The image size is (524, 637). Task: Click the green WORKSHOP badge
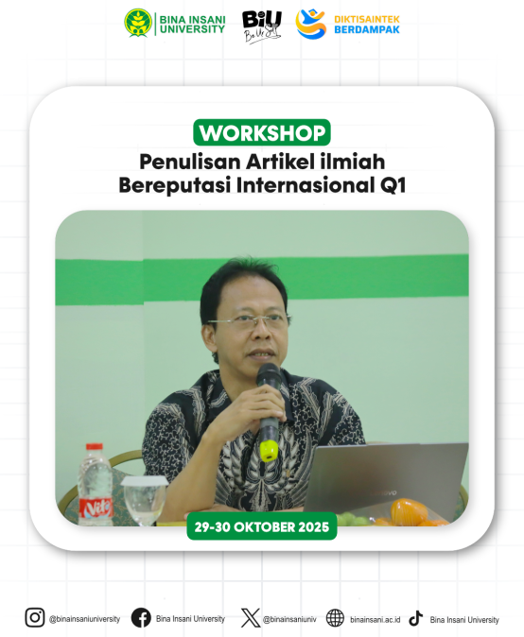pos(262,132)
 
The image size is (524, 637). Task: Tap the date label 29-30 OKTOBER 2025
pos(262,527)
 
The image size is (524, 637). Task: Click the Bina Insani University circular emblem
pos(138,24)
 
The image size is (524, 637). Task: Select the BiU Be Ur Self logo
pos(262,26)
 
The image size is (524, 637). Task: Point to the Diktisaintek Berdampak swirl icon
pos(311,24)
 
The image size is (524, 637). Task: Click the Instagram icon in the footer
pos(35,618)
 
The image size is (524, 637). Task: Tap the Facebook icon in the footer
pos(141,618)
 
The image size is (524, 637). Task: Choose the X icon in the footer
pos(251,618)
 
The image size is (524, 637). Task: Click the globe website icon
pos(335,618)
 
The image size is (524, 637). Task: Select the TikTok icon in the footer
pos(416,618)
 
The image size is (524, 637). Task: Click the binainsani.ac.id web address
pos(375,620)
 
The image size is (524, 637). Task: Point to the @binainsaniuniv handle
pos(289,620)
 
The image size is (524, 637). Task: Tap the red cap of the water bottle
pos(95,446)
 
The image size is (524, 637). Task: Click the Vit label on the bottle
pos(96,508)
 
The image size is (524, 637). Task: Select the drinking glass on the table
pos(145,501)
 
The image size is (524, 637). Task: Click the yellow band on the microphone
pos(269,451)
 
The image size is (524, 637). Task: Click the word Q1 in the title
pos(393,185)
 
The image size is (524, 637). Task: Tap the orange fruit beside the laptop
pos(409,511)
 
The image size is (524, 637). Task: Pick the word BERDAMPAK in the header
pos(367,29)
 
